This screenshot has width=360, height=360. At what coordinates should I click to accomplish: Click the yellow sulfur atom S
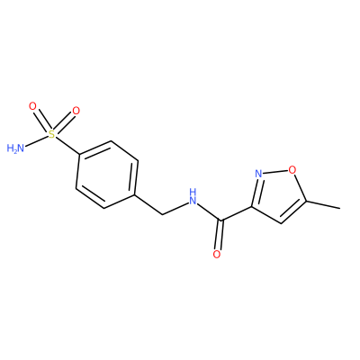52,134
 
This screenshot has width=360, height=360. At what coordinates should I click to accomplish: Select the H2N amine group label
15,148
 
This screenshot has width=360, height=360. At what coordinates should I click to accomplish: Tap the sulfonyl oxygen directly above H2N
32,106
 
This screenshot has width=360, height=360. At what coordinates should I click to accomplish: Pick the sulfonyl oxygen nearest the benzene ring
76,111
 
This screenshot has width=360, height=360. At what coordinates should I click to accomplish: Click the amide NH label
193,196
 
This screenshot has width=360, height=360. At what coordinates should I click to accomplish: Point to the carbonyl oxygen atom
217,255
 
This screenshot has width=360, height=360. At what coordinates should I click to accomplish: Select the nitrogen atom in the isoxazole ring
258,174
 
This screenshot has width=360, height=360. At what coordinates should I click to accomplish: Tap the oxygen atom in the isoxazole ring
292,170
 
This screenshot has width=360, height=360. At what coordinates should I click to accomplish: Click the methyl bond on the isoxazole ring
323,204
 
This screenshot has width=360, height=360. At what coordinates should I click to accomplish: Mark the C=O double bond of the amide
220,235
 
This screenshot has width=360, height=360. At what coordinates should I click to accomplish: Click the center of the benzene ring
107,175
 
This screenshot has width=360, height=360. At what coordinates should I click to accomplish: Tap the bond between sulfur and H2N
37,141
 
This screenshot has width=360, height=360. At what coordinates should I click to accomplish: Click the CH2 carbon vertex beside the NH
162,214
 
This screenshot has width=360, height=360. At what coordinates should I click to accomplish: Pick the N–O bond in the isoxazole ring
275,172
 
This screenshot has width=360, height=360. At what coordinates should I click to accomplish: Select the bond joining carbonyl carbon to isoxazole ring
237,214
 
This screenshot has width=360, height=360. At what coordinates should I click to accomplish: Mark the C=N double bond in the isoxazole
255,193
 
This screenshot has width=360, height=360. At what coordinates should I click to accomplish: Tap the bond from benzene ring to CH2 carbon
148,204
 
